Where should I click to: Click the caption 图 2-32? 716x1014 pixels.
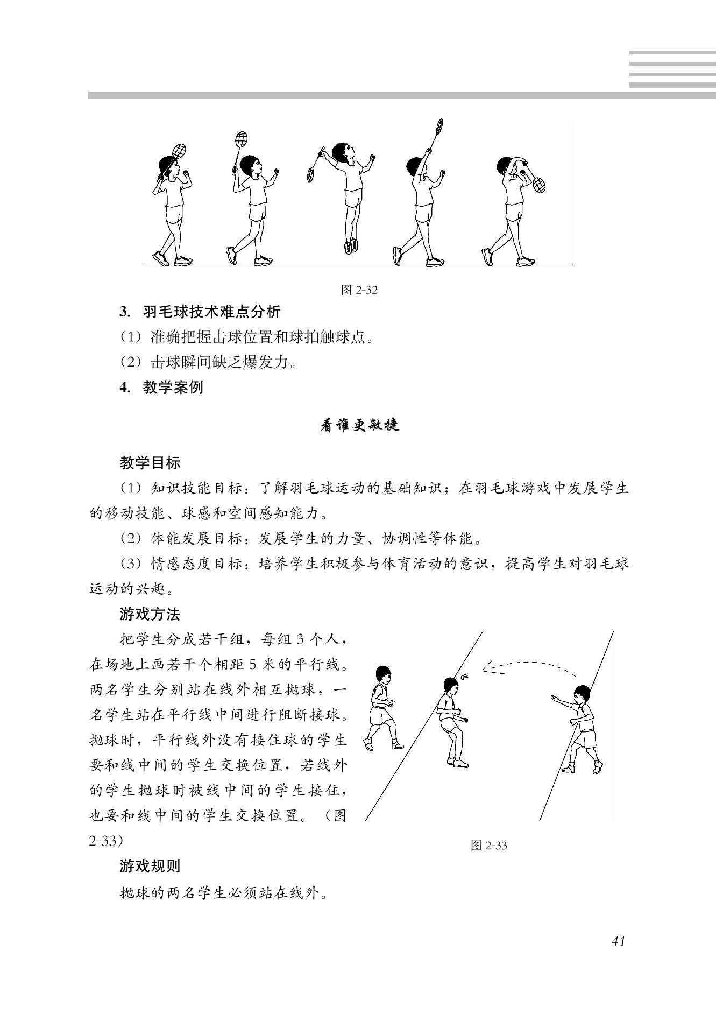tap(359, 290)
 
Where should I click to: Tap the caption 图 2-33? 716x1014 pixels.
tap(488, 846)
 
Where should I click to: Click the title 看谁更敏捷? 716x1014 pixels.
tap(359, 425)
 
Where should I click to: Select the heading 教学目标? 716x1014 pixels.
tap(150, 462)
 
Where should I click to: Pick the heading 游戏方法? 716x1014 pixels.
tap(150, 614)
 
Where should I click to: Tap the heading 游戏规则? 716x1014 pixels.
tap(150, 866)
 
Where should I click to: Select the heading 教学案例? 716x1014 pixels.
tap(173, 387)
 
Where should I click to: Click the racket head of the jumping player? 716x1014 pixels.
tap(311, 174)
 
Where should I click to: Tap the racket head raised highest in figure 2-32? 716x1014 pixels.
tap(439, 126)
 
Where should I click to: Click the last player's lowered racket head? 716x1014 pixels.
tap(538, 185)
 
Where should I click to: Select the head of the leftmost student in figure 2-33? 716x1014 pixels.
tap(383, 673)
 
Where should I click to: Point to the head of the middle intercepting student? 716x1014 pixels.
tap(451, 685)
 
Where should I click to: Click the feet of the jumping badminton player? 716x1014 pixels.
tap(351, 245)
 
